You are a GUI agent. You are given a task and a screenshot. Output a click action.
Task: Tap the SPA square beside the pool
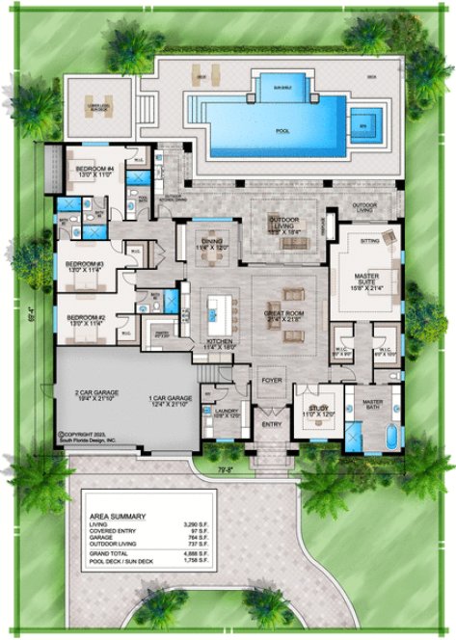coord(363,122)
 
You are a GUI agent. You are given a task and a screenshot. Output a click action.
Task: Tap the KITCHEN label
coord(220,342)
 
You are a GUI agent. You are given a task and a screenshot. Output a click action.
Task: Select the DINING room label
coord(213,244)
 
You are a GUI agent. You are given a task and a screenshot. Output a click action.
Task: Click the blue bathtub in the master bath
coord(390,440)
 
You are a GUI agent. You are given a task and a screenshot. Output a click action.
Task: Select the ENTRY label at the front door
coord(272,423)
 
